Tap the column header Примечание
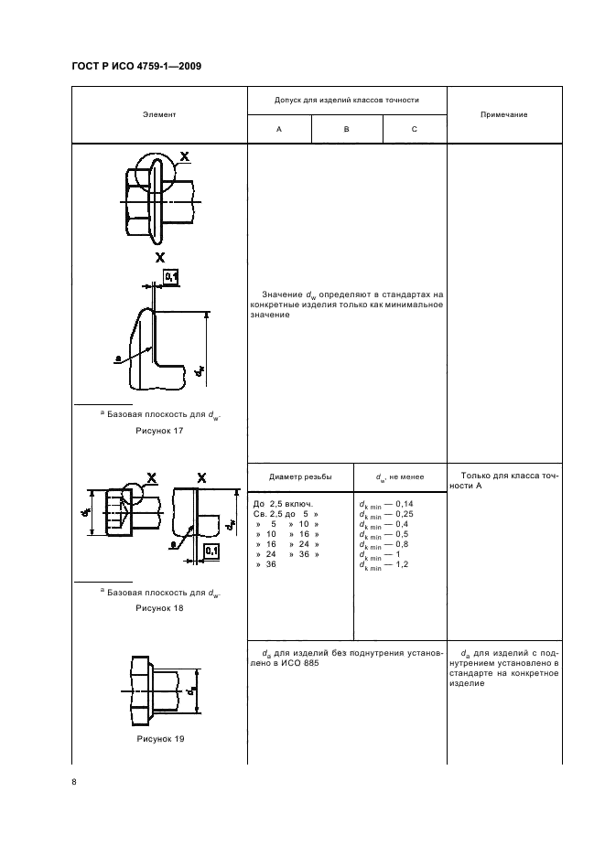pos(502,114)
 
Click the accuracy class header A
pos(279,130)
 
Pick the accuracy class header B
pos(347,130)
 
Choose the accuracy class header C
pos(414,130)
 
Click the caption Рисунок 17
pos(159,431)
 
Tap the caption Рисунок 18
pos(159,607)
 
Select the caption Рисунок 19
pos(159,738)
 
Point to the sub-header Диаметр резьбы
pos(300,477)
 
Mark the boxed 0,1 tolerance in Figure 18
pos(211,551)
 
